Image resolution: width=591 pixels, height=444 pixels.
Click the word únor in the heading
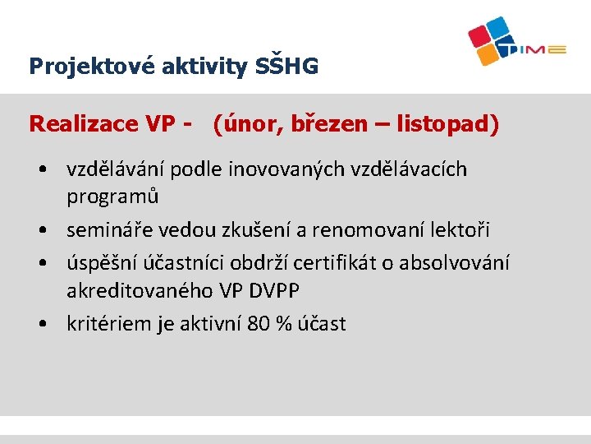click(243, 124)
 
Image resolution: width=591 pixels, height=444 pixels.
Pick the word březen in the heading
click(323, 124)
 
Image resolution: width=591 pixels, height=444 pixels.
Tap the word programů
click(112, 197)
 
